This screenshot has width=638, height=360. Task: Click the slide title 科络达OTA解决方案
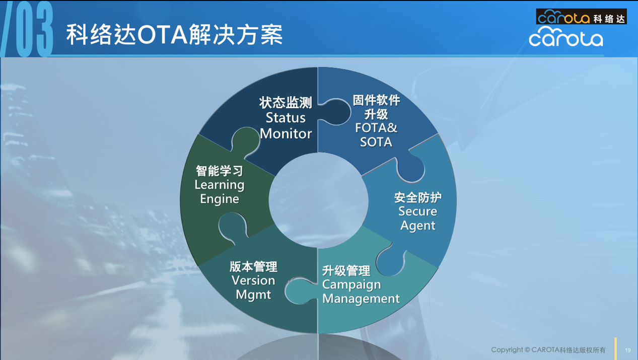(x=174, y=35)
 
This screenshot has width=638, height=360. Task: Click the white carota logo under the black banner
(x=565, y=37)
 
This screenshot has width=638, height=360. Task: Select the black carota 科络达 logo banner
(x=581, y=17)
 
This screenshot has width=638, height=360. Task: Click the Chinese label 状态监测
(x=286, y=103)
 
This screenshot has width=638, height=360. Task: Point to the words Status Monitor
(x=286, y=126)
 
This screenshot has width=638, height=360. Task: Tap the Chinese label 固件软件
(x=376, y=100)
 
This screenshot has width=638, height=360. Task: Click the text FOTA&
(x=376, y=128)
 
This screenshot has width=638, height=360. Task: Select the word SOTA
(x=376, y=142)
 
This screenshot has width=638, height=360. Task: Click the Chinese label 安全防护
(x=418, y=197)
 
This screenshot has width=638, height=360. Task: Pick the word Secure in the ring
(x=418, y=211)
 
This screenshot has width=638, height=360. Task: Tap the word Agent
(x=418, y=225)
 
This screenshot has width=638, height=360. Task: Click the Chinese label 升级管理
(x=346, y=271)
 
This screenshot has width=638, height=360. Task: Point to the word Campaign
(x=351, y=285)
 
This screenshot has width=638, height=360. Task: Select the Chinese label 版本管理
(x=253, y=266)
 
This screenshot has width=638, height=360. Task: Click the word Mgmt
(x=253, y=295)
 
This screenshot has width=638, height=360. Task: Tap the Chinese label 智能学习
(x=220, y=171)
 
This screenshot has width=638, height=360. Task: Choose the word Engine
(x=220, y=199)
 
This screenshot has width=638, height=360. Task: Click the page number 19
(x=627, y=350)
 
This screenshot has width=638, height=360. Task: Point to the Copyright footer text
(x=548, y=350)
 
